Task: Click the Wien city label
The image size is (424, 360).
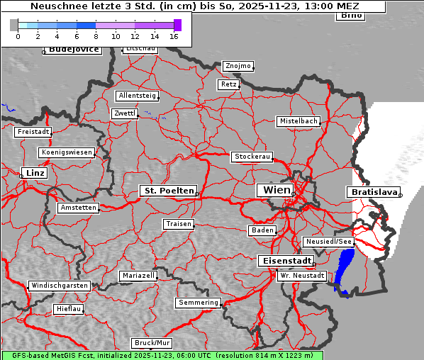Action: point(277,190)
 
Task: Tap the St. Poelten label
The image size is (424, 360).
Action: point(167,191)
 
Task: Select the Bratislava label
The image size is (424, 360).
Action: point(372,192)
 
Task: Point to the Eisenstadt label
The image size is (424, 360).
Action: point(284,261)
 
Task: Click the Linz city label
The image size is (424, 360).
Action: point(33,173)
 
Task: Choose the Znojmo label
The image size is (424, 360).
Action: point(238,66)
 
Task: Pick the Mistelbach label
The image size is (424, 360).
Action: point(298,121)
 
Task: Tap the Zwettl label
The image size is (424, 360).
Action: point(125,113)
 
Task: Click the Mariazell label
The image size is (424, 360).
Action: point(138,275)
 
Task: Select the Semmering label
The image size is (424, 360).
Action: point(199,303)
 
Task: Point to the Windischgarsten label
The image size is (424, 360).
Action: point(59,286)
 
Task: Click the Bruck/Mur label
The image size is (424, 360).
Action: point(152,343)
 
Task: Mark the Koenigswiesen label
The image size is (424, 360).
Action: point(67,152)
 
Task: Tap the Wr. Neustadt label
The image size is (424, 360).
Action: point(302,275)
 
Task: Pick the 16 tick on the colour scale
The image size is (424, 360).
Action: point(174,36)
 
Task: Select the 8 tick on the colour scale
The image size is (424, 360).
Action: point(96,36)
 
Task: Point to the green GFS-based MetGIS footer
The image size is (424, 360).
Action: point(162,355)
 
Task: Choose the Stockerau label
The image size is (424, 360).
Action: point(252,157)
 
